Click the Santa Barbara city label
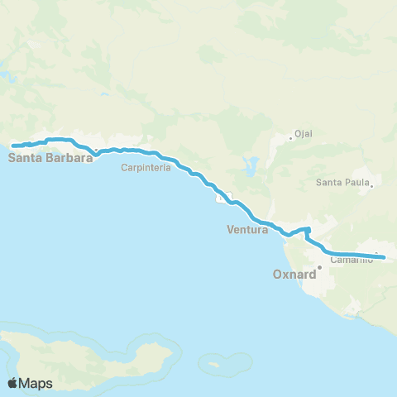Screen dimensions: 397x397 pos(50,156)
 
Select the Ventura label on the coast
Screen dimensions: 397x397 pos(247,230)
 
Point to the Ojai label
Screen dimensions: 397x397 pos(303,132)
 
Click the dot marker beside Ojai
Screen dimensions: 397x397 pos(291,137)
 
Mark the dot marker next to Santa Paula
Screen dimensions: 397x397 pos(372,185)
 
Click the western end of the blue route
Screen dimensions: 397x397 pos(13,146)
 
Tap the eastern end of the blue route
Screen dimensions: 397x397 pos(384,257)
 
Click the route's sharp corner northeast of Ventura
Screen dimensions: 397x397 pos(308,228)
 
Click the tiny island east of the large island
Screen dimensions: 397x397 pos(216,362)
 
